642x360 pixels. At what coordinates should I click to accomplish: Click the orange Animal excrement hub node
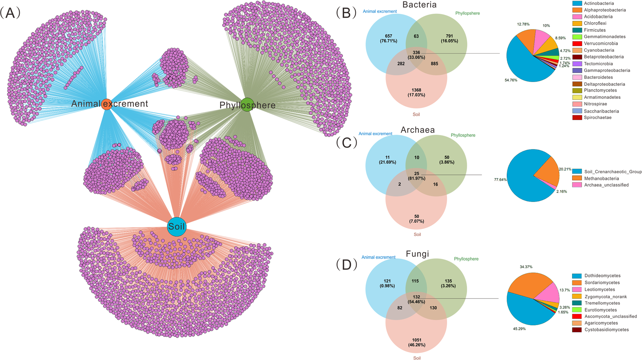(106, 104)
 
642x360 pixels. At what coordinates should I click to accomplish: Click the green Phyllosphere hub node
(247, 105)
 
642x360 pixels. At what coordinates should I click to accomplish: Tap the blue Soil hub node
(176, 227)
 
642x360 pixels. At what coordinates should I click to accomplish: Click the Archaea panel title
(417, 130)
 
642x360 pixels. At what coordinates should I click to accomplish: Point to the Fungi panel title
(417, 254)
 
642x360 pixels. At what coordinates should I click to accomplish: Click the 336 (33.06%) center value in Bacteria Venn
(416, 55)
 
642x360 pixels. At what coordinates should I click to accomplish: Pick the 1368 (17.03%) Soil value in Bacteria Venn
(416, 93)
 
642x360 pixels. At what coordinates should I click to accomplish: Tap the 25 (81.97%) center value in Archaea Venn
(416, 176)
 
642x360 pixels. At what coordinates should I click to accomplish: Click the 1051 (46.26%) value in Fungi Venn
(416, 342)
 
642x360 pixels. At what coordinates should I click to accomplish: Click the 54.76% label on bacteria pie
(511, 80)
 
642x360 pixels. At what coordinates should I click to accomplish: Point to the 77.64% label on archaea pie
(500, 180)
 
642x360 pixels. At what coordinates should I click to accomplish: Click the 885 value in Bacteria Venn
(434, 64)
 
